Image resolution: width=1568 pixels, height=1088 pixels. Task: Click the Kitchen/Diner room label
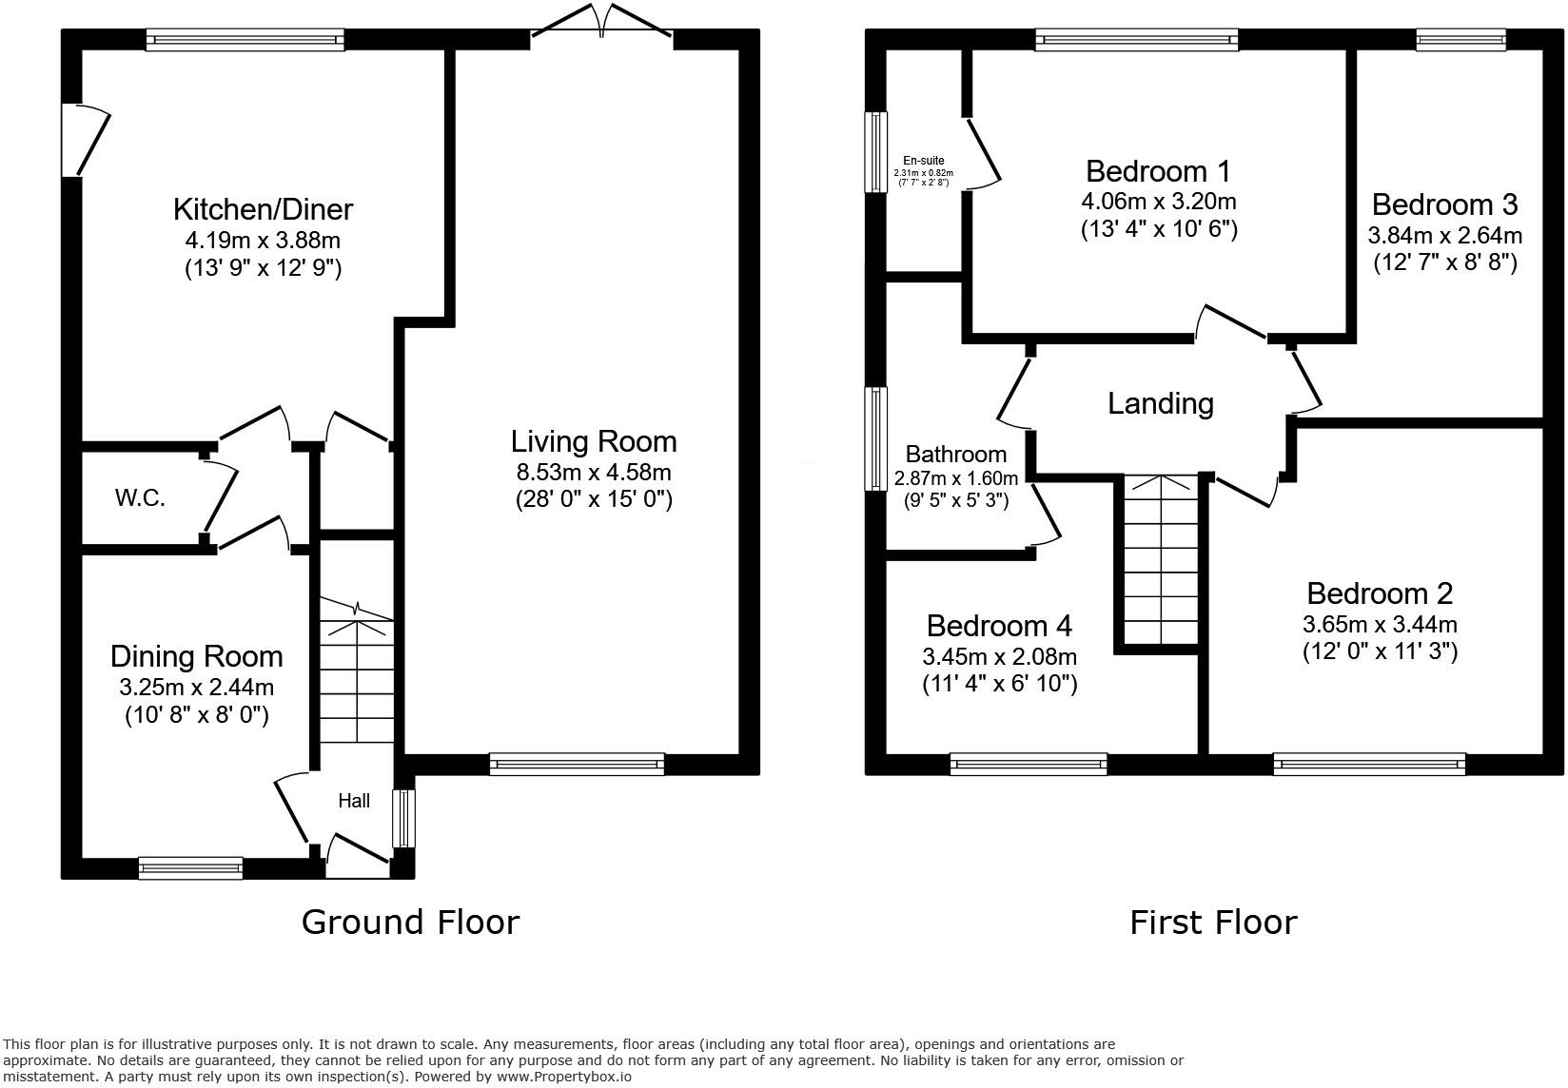pyautogui.click(x=263, y=209)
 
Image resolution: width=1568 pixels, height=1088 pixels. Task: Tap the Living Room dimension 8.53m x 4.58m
pyautogui.click(x=594, y=472)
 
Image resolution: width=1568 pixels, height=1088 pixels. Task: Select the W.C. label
pyautogui.click(x=140, y=497)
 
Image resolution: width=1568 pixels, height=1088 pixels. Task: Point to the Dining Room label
pyautogui.click(x=196, y=656)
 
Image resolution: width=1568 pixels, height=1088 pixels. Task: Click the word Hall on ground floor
pyautogui.click(x=354, y=802)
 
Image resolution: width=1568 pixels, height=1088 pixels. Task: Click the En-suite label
pyautogui.click(x=924, y=161)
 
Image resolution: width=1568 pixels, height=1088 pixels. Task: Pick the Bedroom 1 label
pyautogui.click(x=1158, y=171)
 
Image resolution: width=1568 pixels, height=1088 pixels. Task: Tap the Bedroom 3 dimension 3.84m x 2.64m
pyautogui.click(x=1444, y=235)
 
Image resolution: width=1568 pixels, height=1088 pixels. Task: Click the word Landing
pyautogui.click(x=1160, y=404)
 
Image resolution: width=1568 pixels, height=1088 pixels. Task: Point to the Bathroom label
pyautogui.click(x=955, y=455)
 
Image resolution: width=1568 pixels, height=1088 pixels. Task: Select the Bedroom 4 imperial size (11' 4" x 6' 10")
pyautogui.click(x=999, y=683)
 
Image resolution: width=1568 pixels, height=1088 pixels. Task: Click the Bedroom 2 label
pyautogui.click(x=1379, y=593)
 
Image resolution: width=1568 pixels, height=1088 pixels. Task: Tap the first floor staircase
pyautogui.click(x=1160, y=561)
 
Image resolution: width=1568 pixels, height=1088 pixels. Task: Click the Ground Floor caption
pyautogui.click(x=410, y=922)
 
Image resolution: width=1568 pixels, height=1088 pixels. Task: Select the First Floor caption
pyautogui.click(x=1212, y=922)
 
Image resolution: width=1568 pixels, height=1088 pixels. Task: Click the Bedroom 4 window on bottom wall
pyautogui.click(x=1028, y=764)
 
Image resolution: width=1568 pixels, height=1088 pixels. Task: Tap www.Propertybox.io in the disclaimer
pyautogui.click(x=564, y=1077)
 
